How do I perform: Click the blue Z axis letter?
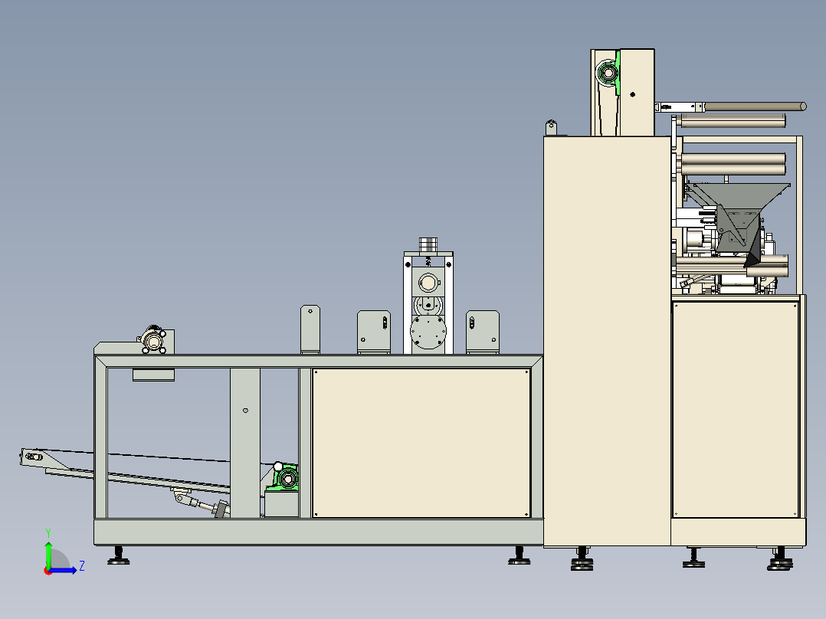82,566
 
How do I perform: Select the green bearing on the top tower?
609,73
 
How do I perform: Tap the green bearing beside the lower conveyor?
286,478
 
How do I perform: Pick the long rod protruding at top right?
754,106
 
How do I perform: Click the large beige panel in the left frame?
421,443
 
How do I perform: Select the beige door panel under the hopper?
736,409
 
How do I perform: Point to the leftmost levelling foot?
119,556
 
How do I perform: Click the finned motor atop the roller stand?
428,244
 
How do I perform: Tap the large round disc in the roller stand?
428,332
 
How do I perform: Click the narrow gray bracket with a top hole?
310,329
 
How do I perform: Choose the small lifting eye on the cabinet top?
551,127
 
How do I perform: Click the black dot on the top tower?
633,95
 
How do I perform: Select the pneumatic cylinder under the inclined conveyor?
201,503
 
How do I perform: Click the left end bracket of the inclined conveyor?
33,457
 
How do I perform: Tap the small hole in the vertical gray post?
245,411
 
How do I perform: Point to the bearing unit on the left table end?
153,341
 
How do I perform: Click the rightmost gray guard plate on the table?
483,332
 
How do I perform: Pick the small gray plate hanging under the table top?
153,375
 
